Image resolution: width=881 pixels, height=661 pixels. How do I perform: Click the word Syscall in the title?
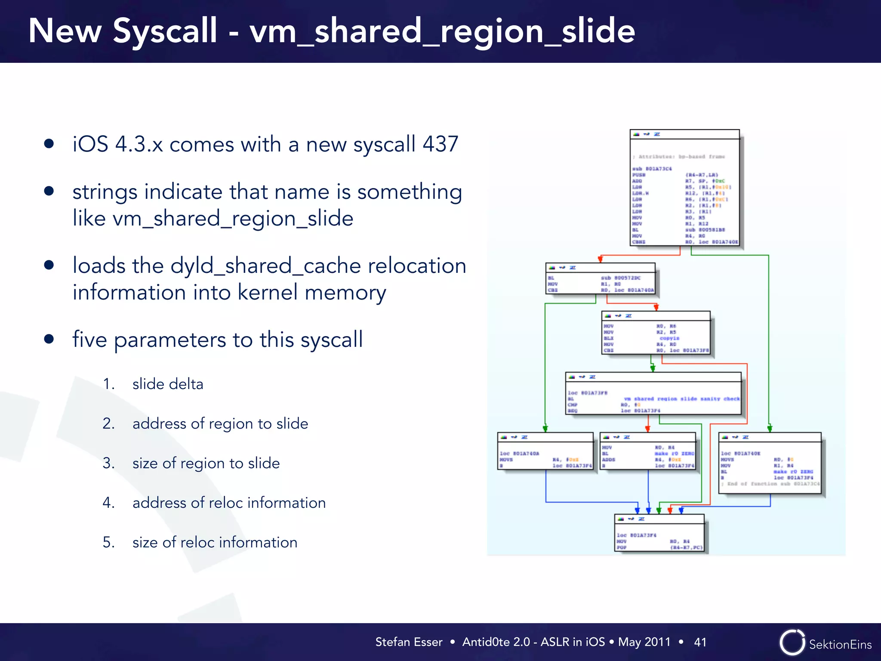point(165,31)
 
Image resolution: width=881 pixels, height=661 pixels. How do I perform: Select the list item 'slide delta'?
point(168,384)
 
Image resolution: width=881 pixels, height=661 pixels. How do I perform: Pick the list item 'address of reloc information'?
point(229,503)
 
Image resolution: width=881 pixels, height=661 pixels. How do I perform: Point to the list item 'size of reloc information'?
point(215,542)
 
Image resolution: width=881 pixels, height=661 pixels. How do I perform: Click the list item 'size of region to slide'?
point(206,463)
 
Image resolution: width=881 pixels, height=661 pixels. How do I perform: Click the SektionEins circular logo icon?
point(792,642)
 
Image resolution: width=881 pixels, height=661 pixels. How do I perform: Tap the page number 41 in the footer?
point(700,642)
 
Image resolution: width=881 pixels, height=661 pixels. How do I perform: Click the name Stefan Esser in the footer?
point(409,642)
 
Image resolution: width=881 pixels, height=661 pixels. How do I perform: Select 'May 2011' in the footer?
point(644,642)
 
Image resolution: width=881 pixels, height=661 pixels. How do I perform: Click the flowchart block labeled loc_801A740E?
point(770,463)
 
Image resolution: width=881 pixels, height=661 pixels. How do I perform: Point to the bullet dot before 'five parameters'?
point(49,339)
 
